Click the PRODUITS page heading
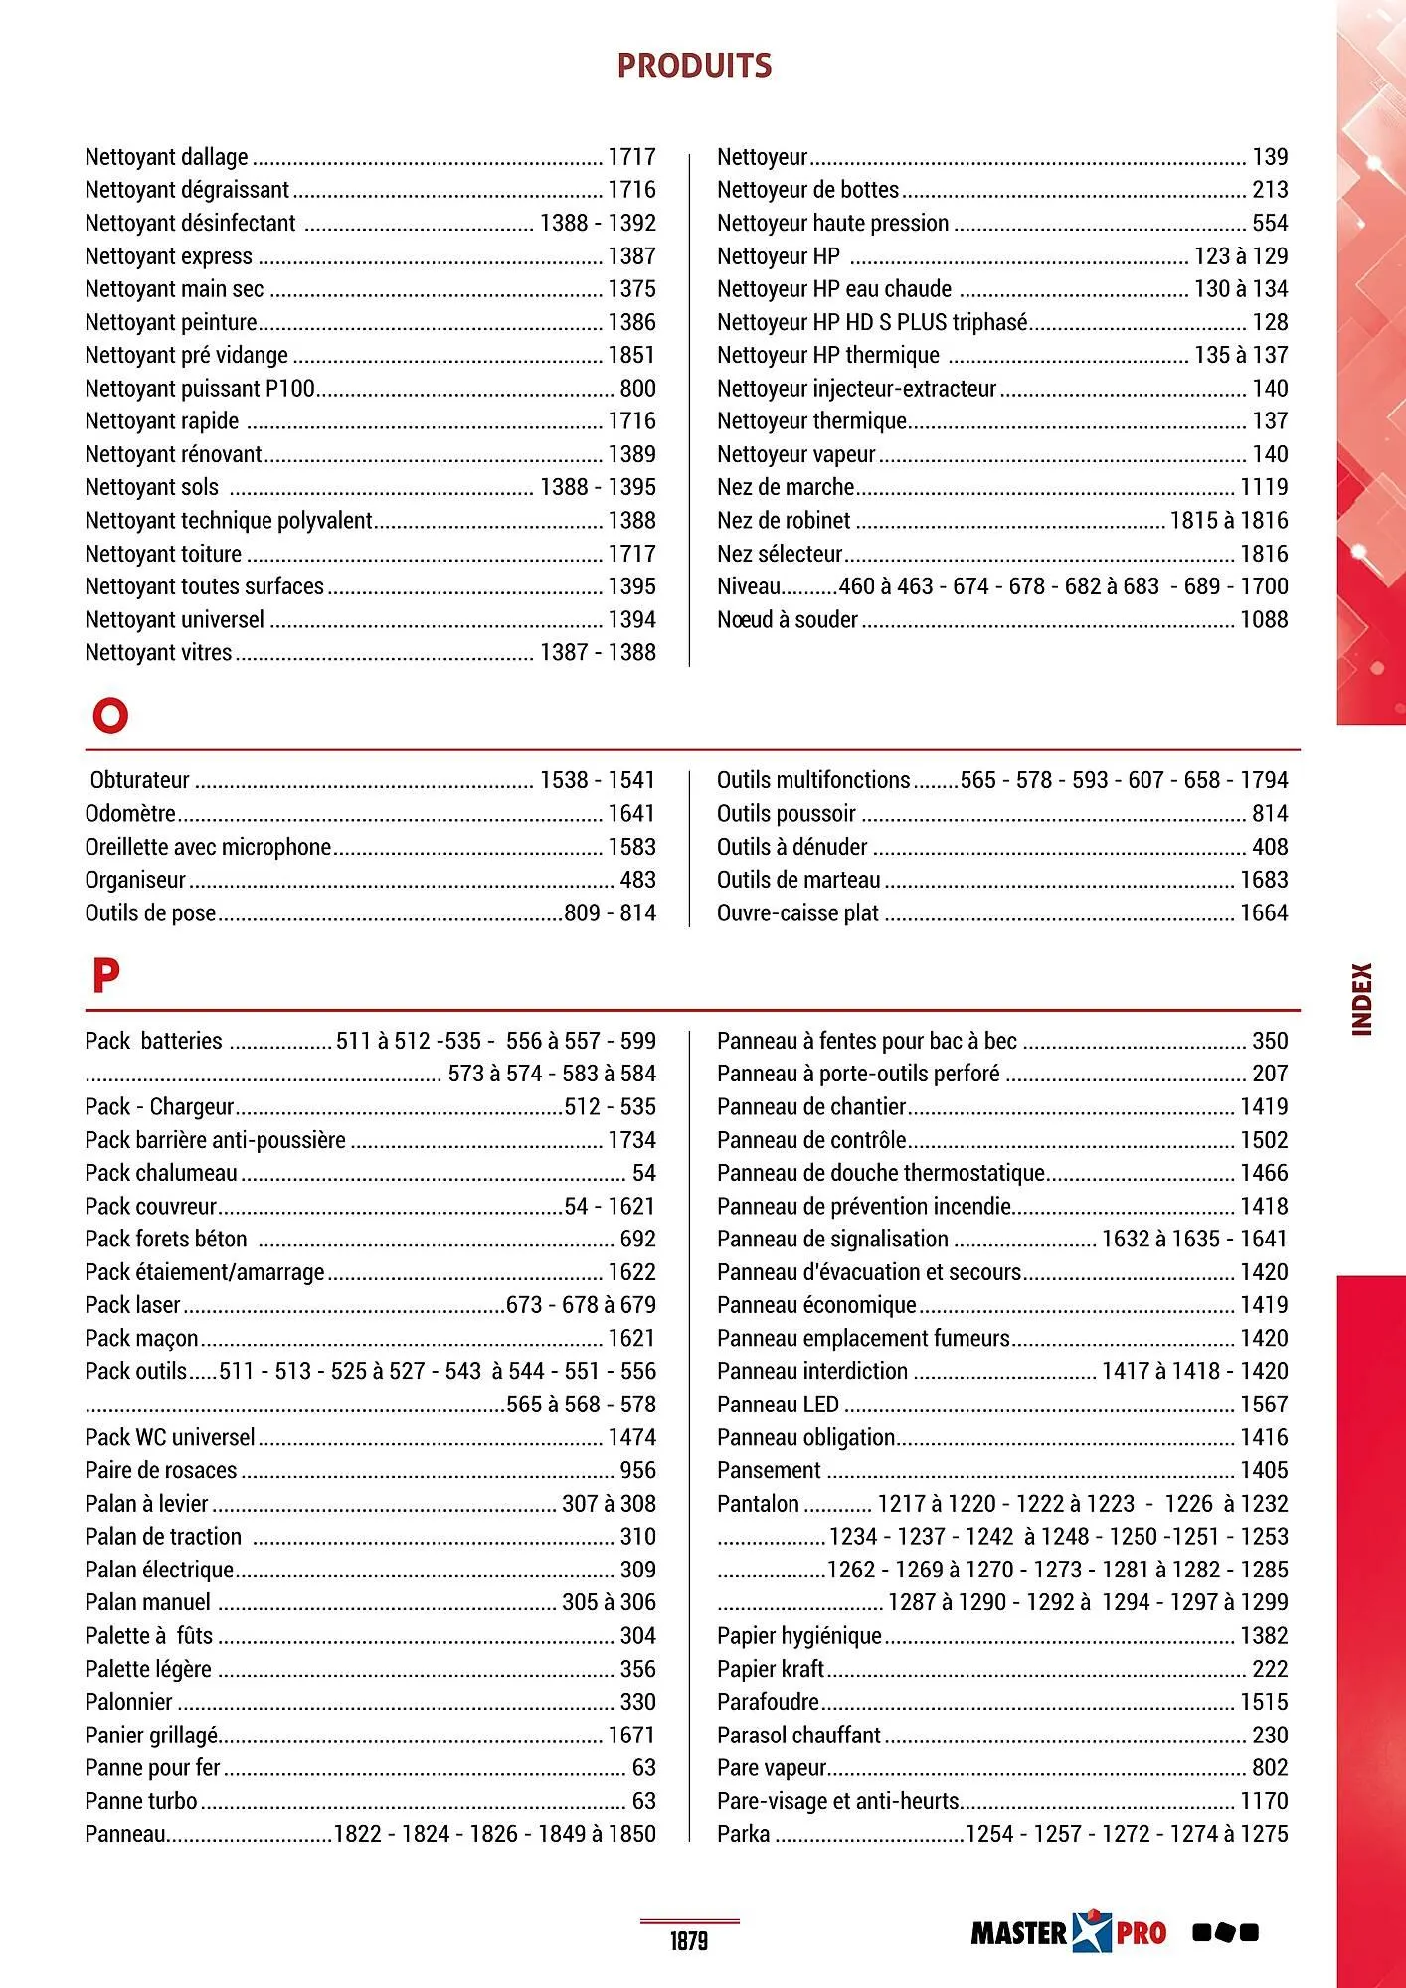click(694, 66)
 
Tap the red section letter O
click(110, 715)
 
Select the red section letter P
click(105, 976)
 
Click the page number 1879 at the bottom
click(688, 1940)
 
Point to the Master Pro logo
click(1068, 1932)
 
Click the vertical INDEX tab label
click(1362, 999)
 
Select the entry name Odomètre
click(130, 814)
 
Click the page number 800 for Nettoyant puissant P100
click(637, 389)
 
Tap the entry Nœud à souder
click(787, 620)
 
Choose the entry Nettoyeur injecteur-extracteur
click(856, 389)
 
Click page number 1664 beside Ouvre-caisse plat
click(1263, 913)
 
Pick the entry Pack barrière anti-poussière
click(215, 1140)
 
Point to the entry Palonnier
click(128, 1702)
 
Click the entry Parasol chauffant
click(798, 1736)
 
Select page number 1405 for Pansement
click(1263, 1470)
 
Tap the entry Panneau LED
click(778, 1405)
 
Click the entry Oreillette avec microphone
click(208, 847)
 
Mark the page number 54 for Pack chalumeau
click(643, 1173)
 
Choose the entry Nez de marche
click(786, 487)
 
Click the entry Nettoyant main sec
click(174, 289)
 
